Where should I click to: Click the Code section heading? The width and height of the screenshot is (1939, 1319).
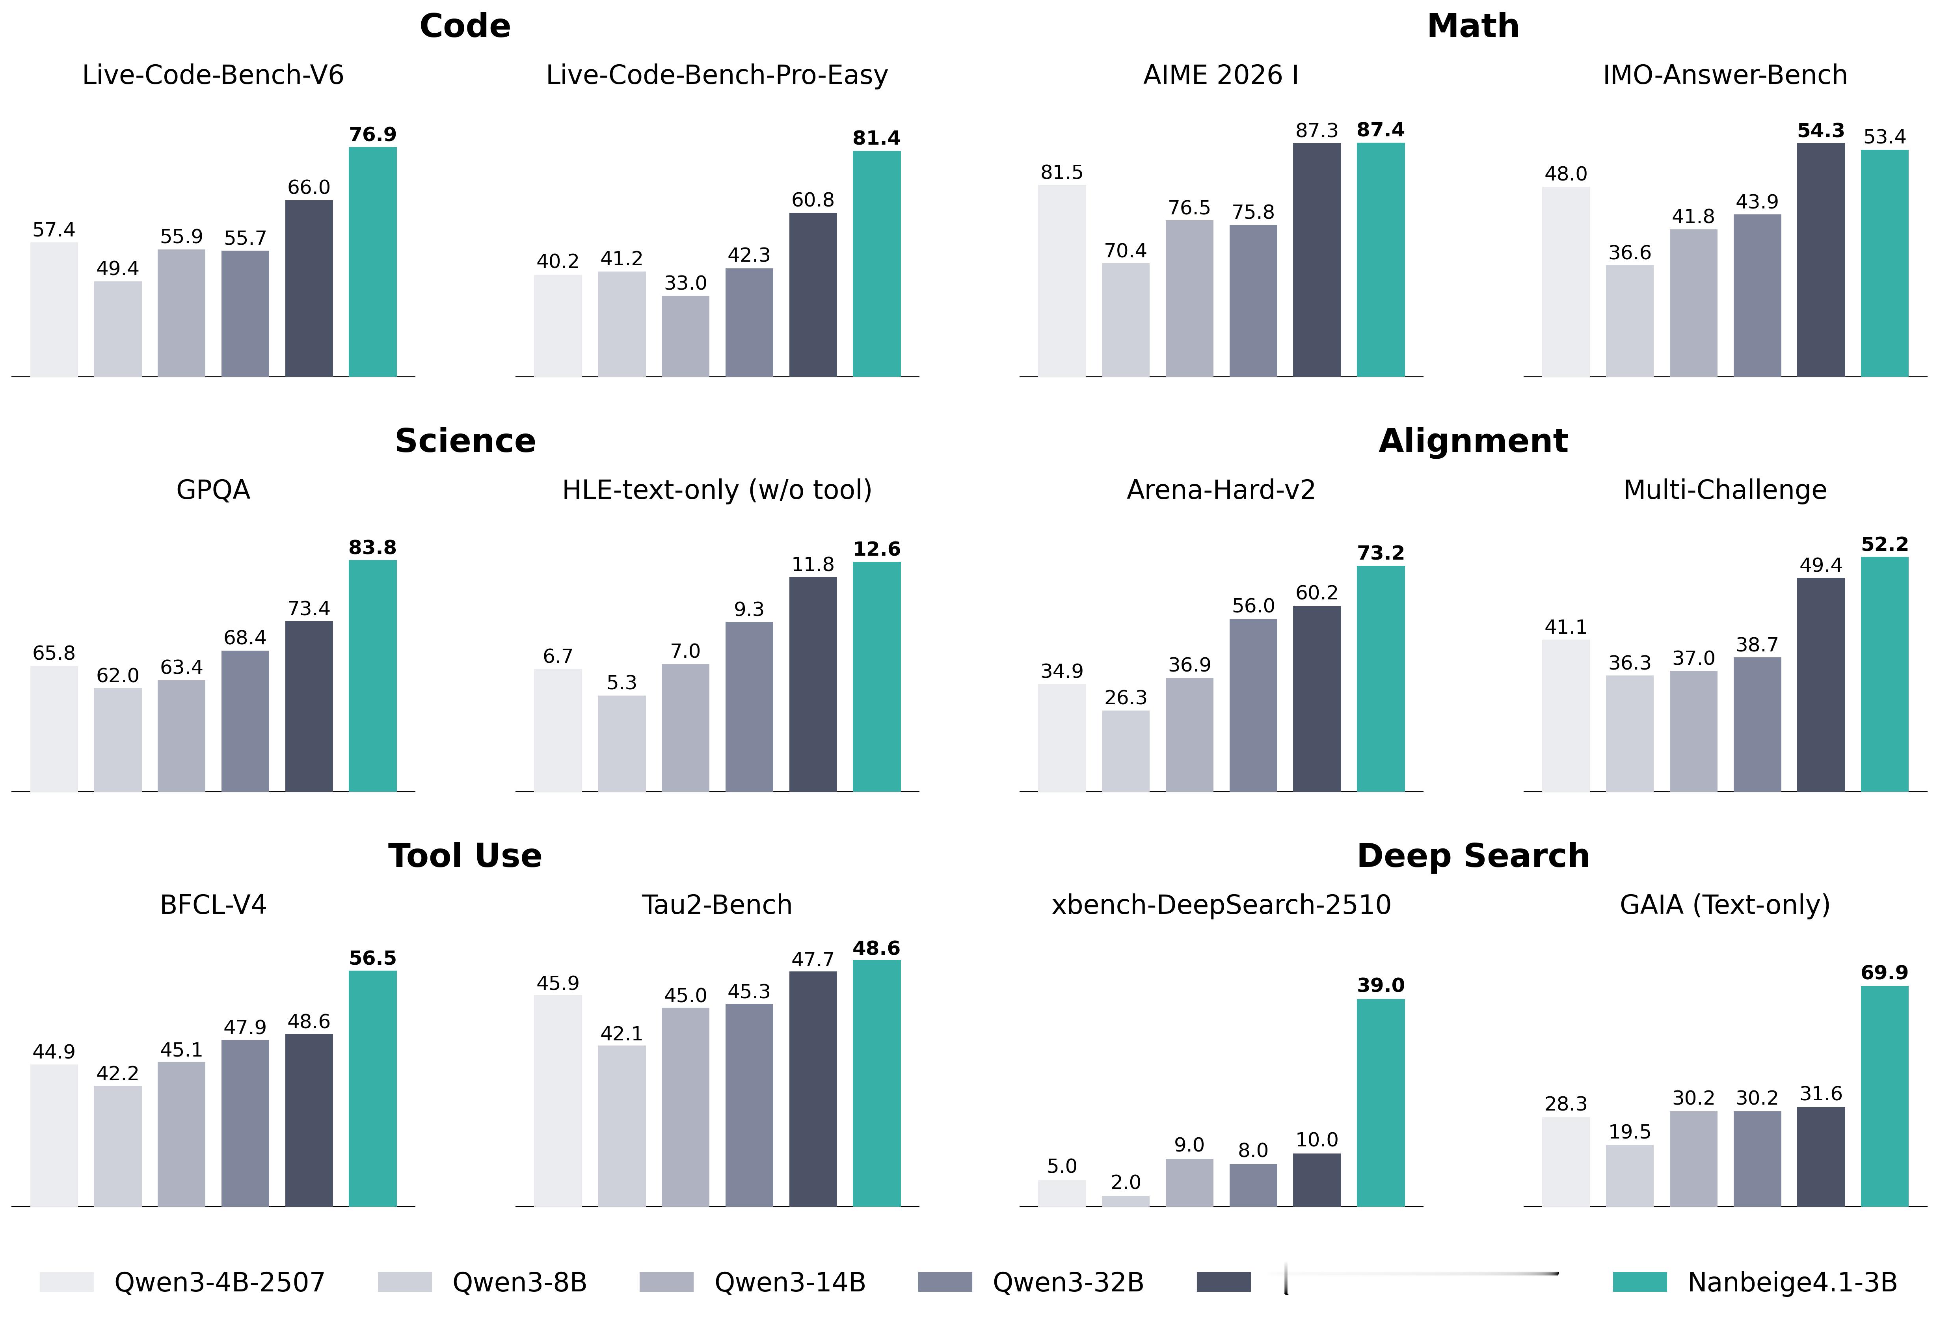pyautogui.click(x=465, y=26)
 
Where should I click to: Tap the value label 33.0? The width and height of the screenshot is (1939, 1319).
pyautogui.click(x=685, y=283)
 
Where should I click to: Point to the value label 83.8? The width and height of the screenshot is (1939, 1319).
pyautogui.click(x=372, y=547)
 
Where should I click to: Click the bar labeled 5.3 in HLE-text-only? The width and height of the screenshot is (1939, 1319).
pyautogui.click(x=622, y=743)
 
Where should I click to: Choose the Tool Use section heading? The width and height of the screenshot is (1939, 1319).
pyautogui.click(x=465, y=856)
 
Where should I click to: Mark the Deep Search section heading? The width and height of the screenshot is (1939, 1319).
pyautogui.click(x=1473, y=856)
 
